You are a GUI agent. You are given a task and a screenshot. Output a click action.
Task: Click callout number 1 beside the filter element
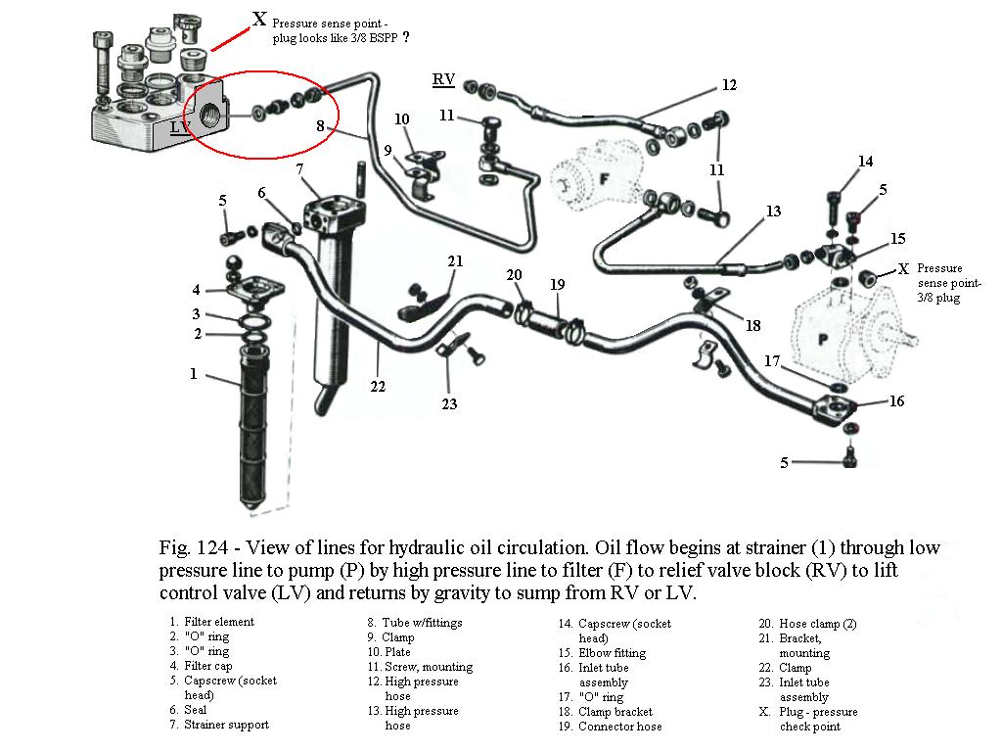[x=194, y=373]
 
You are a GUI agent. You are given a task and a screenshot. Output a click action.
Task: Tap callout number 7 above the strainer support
[x=299, y=169]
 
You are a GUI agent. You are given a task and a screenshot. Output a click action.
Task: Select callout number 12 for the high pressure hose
[x=729, y=85]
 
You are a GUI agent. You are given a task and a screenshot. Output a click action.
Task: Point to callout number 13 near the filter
[x=773, y=211]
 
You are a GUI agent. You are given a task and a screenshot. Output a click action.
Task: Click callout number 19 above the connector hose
[x=558, y=285]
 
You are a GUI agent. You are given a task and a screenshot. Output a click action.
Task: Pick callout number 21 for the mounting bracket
[x=455, y=260]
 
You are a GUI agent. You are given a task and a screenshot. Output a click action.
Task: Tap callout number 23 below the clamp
[x=449, y=402]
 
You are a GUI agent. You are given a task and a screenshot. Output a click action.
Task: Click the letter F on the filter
[x=603, y=180]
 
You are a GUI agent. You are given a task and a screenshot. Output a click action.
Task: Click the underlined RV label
[x=443, y=78]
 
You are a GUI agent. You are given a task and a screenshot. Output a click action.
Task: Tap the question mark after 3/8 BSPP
[x=406, y=36]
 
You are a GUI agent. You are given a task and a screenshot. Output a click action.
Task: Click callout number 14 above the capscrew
[x=865, y=162]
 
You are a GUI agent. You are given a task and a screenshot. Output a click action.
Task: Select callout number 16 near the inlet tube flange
[x=896, y=400]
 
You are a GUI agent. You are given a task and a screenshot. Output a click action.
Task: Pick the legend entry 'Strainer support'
[x=226, y=725]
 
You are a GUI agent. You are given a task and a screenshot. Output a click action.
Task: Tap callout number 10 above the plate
[x=402, y=119]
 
